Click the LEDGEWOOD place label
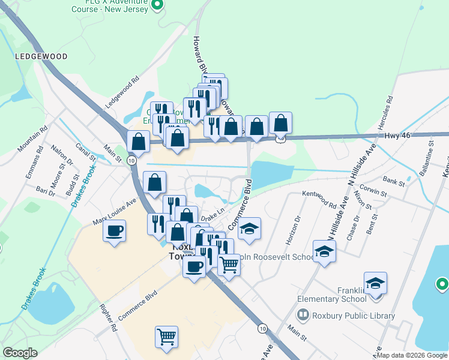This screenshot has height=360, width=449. coord(41,56)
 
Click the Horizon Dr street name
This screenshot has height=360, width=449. coord(297,226)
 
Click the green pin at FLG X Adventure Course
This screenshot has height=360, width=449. coord(157,5)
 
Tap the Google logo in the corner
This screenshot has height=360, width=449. coord(20,353)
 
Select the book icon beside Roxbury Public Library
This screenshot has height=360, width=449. coord(304,316)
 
